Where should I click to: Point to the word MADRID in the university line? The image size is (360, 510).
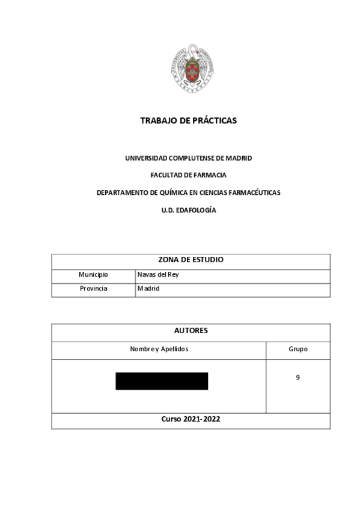(x=239, y=158)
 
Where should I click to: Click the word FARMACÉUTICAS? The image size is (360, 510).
(x=253, y=193)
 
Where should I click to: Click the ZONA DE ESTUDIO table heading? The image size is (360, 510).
(x=191, y=261)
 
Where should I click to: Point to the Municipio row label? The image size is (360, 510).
(x=94, y=275)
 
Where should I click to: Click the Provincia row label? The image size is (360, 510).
(x=94, y=289)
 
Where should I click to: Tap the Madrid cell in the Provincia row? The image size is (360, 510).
(x=148, y=289)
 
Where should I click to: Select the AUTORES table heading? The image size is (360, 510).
(x=191, y=331)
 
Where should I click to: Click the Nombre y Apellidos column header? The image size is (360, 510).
(x=159, y=349)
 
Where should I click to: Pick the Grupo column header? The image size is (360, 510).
(x=298, y=349)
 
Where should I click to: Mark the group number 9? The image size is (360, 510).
(x=298, y=378)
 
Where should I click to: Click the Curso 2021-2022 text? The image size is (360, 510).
(x=191, y=419)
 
